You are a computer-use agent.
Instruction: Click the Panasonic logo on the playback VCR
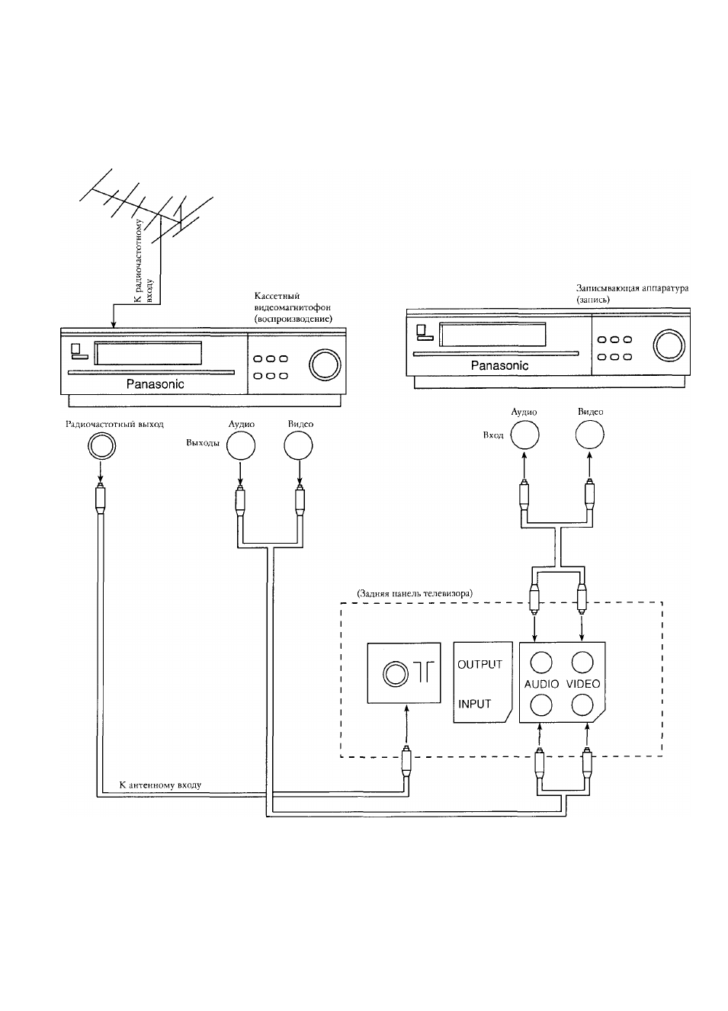point(155,384)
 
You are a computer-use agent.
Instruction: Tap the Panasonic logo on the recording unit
point(499,365)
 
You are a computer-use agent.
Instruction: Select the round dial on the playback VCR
point(325,364)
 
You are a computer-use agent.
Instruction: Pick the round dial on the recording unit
point(669,345)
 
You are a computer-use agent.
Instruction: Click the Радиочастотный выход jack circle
point(101,446)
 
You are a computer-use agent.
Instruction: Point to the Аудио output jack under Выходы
point(241,446)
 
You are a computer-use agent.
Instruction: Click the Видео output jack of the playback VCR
point(298,446)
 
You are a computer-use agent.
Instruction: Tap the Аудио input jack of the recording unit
point(524,435)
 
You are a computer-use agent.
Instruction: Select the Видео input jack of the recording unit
point(590,435)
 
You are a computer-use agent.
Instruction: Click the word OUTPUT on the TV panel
point(479,664)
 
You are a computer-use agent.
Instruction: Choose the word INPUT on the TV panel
point(474,704)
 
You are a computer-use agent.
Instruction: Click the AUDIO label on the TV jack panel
point(541,684)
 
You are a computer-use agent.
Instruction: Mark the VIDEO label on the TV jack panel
point(583,684)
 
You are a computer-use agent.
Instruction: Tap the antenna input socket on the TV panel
point(396,674)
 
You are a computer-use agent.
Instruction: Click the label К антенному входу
point(160,785)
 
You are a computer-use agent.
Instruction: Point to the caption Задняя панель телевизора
point(415,593)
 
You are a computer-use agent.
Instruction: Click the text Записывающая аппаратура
point(632,288)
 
